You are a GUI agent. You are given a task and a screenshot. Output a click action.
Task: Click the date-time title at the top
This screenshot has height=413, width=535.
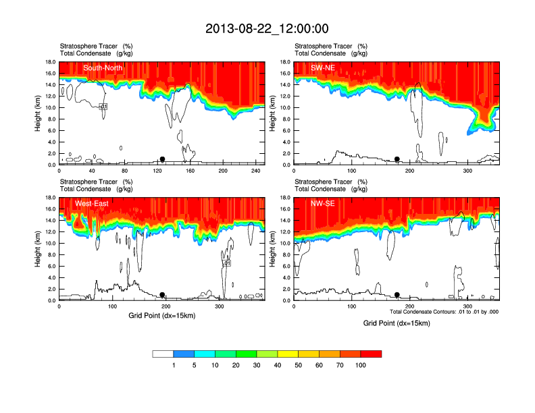coord(267,28)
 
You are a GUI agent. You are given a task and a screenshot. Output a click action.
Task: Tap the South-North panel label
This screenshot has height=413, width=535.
coord(103,68)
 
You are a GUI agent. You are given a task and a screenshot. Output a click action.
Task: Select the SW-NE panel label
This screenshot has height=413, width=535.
coord(324,68)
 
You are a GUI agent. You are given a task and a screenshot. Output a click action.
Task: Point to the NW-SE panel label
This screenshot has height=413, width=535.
coord(324,204)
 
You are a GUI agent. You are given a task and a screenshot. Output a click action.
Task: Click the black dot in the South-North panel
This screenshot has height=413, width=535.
coord(162,159)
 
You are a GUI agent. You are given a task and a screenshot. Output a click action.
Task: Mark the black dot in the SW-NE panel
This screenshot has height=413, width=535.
coord(397,159)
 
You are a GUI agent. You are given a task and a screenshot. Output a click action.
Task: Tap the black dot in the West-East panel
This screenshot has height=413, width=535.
coord(162,295)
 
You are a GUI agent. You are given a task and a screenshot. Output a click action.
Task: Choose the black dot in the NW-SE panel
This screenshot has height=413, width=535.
coord(397,295)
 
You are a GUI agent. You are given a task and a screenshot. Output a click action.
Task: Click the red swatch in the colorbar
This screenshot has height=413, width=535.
coord(371,354)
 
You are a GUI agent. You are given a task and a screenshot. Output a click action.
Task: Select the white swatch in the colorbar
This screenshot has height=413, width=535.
coord(163,354)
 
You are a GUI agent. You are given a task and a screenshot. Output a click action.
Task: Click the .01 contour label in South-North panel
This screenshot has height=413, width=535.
coord(103,107)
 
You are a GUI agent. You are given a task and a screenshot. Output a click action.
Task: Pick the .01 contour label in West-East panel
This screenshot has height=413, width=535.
coord(227,263)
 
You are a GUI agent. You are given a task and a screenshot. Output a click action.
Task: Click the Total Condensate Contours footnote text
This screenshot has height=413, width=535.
coord(444,312)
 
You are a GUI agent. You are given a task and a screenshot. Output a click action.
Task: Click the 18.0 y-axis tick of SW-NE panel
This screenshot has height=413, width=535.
coord(285,62)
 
